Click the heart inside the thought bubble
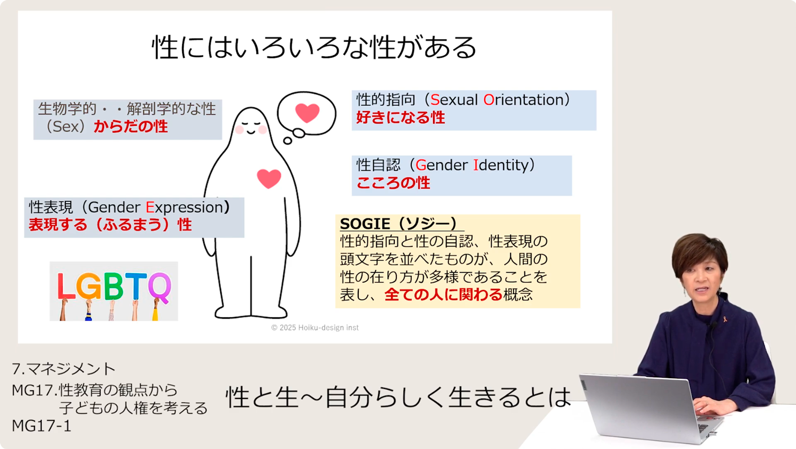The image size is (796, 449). pos(307,113)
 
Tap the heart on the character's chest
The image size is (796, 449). pos(269,179)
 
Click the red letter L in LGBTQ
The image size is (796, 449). pos(66,286)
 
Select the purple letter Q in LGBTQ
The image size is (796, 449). pos(160,288)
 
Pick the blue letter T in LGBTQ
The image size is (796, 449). pos(135,286)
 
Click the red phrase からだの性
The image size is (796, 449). pos(131,126)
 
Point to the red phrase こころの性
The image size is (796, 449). pos(393,183)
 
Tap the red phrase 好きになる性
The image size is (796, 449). pos(401,117)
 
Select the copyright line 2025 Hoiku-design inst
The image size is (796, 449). pos(315,328)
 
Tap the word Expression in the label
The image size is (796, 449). pos(184,207)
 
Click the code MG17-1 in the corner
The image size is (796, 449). pos(41,426)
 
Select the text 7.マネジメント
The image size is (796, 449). pos(64,369)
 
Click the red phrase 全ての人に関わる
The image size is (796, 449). pos(443,294)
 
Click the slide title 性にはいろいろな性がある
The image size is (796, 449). pos(314,47)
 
